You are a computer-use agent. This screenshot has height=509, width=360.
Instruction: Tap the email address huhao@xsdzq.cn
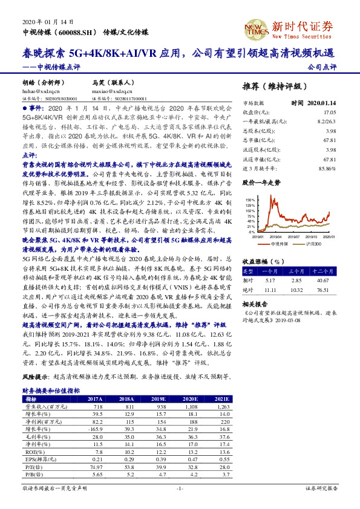36,91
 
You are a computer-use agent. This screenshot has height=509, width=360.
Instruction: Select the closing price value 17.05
329,112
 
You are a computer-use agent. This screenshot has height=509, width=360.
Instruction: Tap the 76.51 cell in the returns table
324,290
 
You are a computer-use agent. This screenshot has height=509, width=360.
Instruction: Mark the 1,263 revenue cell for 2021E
223,408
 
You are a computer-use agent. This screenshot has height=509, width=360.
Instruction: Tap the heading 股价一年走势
261,181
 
